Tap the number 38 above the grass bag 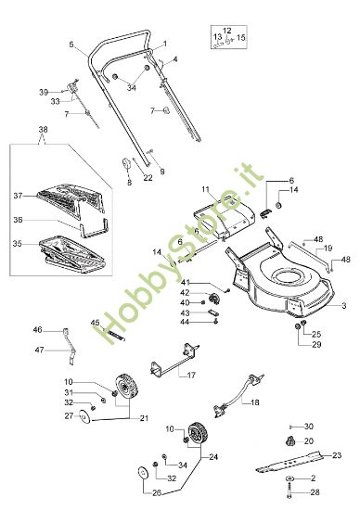coord(41,130)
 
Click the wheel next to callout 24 coord(197,434)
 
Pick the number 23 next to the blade coord(337,454)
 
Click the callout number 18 coord(256,403)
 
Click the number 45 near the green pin coord(95,323)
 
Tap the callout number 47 coord(38,350)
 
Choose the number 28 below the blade coord(314,491)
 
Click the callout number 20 coord(310,441)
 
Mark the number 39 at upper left coord(43,92)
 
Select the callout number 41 coord(186,282)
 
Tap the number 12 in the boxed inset coord(226,31)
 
